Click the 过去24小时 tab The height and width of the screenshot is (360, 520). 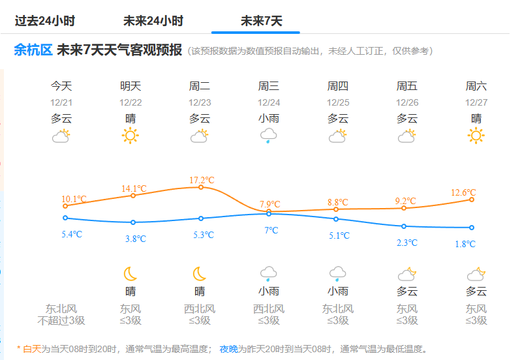pos(45,21)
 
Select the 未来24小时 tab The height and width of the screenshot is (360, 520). pos(153,21)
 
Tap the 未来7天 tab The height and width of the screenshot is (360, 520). pos(262,21)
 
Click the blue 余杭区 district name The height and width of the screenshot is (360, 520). pos(33,50)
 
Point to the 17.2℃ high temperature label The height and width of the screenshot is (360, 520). pos(202,180)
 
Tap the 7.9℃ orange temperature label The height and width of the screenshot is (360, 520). pos(269,204)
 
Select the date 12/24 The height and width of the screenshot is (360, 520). pos(269,102)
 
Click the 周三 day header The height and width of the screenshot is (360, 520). pos(269,86)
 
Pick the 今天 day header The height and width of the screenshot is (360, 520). pos(61,86)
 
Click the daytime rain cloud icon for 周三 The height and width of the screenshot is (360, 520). pos(269,136)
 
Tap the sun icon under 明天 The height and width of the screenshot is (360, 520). pos(130,136)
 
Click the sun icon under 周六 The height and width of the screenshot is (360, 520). pos(476,136)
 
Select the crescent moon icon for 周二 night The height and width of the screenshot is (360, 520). pos(200,273)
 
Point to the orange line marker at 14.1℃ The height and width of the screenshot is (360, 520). pos(133,196)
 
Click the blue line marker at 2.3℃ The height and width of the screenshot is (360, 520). pos(404,226)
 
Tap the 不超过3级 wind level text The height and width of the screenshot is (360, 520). pos(61,320)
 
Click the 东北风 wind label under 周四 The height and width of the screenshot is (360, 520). pos(338,308)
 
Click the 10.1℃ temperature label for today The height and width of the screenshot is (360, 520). pos(74,199)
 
